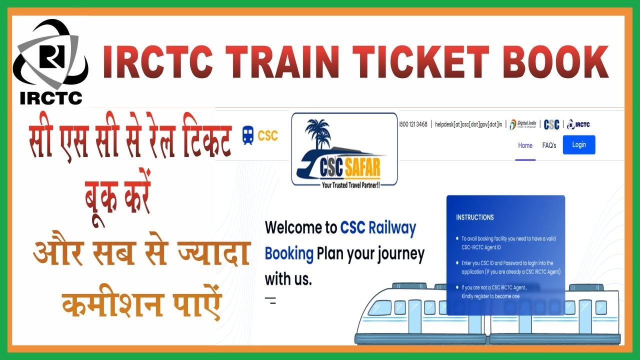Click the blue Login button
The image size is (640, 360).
pos(579,144)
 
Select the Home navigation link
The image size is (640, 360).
pos(525,145)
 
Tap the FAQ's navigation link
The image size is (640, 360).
pos(549,145)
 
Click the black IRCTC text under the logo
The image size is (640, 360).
pos(51,98)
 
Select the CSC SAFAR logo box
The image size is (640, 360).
pos(344,149)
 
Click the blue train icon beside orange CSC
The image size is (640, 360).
pos(247,135)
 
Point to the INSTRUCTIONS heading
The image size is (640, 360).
pos(474,217)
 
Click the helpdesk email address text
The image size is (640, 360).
pos(468,124)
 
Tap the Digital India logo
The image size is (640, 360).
pos(522,124)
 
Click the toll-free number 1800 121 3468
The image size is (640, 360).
pos(413,124)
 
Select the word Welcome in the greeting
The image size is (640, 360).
pos(300,228)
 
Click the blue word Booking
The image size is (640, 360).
pos(289,253)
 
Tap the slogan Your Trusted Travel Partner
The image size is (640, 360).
pos(344,184)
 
